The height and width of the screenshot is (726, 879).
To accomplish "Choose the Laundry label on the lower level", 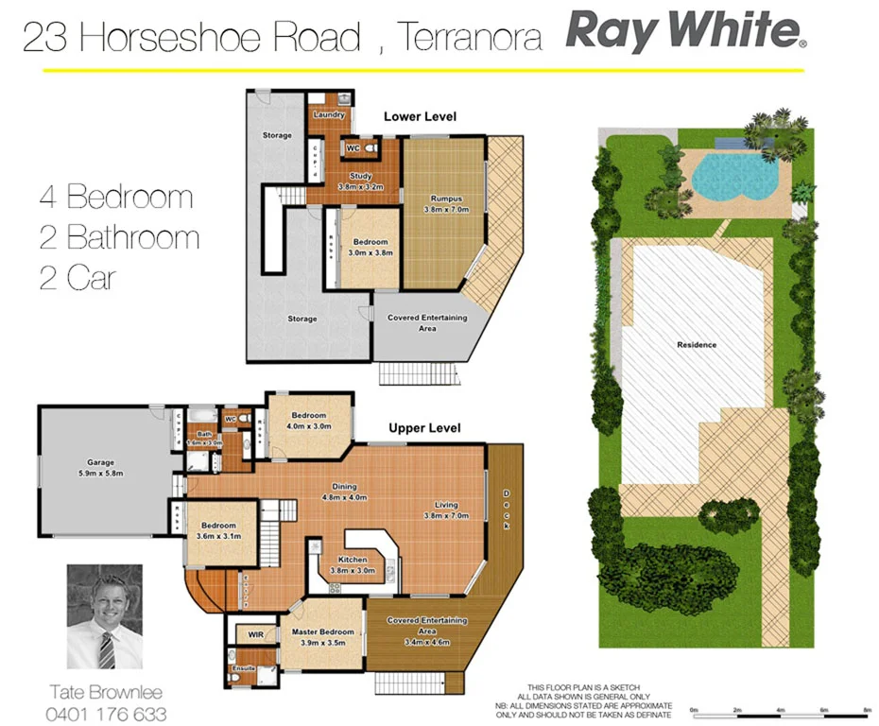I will coord(329,115).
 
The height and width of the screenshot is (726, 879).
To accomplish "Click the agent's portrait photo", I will coord(104,616).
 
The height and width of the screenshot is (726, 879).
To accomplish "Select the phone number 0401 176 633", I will coord(106,714).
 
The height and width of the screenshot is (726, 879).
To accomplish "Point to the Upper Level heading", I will coord(424,428).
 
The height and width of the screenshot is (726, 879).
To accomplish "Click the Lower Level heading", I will coord(420,116).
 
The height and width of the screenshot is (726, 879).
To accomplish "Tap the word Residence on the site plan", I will coord(697,345).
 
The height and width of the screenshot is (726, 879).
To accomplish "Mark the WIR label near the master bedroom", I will coord(256,634).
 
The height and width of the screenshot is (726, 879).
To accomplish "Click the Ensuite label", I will coord(245,669).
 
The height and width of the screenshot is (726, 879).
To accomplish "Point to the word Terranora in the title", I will coord(470,37).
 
